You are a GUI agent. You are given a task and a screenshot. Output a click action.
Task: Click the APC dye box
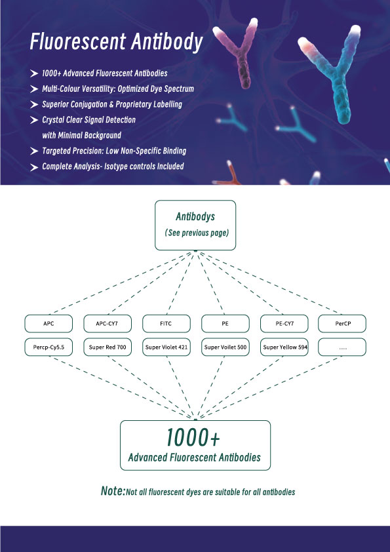pyautogui.click(x=49, y=323)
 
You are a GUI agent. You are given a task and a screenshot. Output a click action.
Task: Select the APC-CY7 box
pyautogui.click(x=107, y=323)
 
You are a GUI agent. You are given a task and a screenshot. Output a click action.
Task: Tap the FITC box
pyautogui.click(x=166, y=323)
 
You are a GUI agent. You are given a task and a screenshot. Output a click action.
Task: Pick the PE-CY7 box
pyautogui.click(x=284, y=323)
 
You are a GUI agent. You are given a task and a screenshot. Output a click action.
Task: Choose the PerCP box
pyautogui.click(x=342, y=323)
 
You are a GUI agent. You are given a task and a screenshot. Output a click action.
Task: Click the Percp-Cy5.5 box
pyautogui.click(x=49, y=347)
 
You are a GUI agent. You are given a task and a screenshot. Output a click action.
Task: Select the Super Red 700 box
pyautogui.click(x=107, y=347)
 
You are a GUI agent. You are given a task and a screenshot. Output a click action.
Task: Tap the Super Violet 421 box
pyautogui.click(x=166, y=347)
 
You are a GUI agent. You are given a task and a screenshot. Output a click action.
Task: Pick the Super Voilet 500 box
pyautogui.click(x=225, y=347)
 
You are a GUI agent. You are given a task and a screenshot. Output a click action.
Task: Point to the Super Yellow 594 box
pyautogui.click(x=284, y=347)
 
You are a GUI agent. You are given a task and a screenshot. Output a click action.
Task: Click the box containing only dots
pyautogui.click(x=342, y=347)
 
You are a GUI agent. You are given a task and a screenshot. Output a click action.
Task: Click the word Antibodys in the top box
pyautogui.click(x=195, y=216)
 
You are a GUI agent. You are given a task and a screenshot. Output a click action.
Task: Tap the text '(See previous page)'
pyautogui.click(x=197, y=233)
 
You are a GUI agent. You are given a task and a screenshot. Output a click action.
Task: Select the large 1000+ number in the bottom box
pyautogui.click(x=193, y=437)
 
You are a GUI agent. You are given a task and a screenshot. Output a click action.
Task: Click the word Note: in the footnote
pyautogui.click(x=113, y=491)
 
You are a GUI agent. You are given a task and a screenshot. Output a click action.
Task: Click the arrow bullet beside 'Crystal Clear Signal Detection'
pyautogui.click(x=34, y=120)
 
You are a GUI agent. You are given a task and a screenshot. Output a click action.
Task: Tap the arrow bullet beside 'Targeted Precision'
pyautogui.click(x=34, y=151)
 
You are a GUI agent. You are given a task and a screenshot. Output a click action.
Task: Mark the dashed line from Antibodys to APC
pyautogui.click(x=121, y=283)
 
